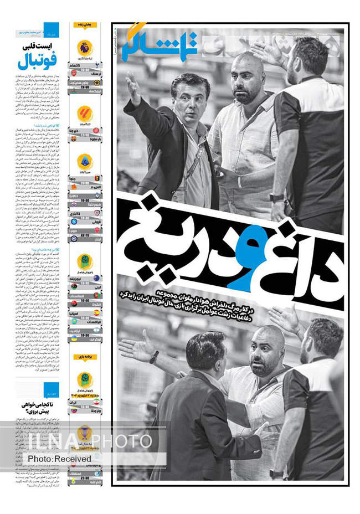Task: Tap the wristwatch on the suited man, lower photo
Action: [154, 357]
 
